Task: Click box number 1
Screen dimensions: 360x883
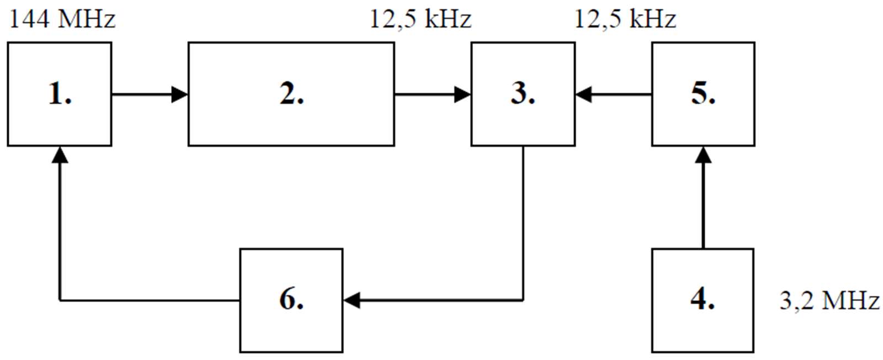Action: [x=60, y=94]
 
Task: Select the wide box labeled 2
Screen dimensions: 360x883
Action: [x=291, y=94]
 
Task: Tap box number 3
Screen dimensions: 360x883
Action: [x=523, y=94]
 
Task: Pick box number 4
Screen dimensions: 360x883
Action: [x=703, y=300]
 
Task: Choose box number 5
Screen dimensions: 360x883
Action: [x=703, y=94]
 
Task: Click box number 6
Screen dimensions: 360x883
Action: [x=291, y=300]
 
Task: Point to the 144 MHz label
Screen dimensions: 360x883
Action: [x=62, y=19]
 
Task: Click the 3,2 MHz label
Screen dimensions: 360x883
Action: [x=829, y=301]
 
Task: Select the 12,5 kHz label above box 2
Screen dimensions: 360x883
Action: [x=420, y=19]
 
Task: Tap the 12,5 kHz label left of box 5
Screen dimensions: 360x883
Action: [x=625, y=19]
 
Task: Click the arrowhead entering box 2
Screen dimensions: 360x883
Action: [x=180, y=94]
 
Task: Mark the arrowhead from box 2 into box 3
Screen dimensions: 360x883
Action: [x=462, y=94]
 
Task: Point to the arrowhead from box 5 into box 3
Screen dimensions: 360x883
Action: [x=584, y=94]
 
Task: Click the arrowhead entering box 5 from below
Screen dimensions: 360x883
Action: [x=703, y=155]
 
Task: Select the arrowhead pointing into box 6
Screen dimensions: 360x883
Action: [x=352, y=300]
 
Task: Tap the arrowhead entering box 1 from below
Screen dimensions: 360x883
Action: [x=60, y=155]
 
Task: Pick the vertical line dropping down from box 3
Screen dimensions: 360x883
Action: [x=523, y=221]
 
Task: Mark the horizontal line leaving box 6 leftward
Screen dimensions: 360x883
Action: [x=149, y=300]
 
